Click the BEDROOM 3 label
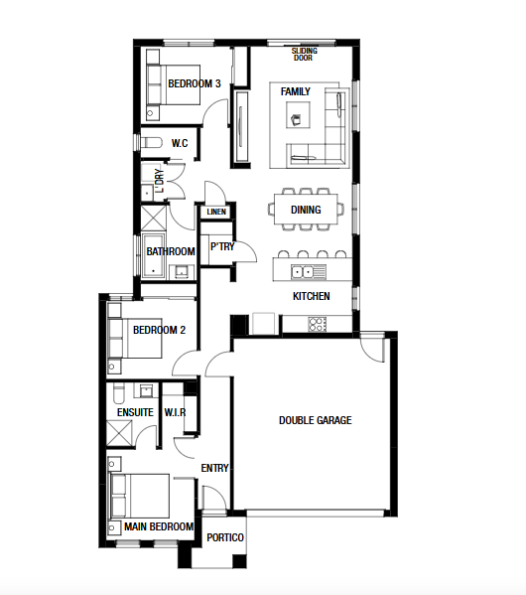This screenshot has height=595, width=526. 195,83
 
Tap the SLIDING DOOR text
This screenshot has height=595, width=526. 304,55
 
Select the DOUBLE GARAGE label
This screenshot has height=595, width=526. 316,420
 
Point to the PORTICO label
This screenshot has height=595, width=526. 225,537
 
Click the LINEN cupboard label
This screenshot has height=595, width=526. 216,212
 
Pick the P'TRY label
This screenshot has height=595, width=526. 222,246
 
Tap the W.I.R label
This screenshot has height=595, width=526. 176,412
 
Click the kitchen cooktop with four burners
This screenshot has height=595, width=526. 318,325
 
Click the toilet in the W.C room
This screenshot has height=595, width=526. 151,143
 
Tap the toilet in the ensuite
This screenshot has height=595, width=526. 119,394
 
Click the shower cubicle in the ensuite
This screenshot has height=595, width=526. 119,433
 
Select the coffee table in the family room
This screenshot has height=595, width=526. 298,115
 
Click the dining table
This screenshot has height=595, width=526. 306,209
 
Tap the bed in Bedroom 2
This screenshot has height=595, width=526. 135,338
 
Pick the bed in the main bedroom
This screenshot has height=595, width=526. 139,496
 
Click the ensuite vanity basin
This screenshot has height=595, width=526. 146,390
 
